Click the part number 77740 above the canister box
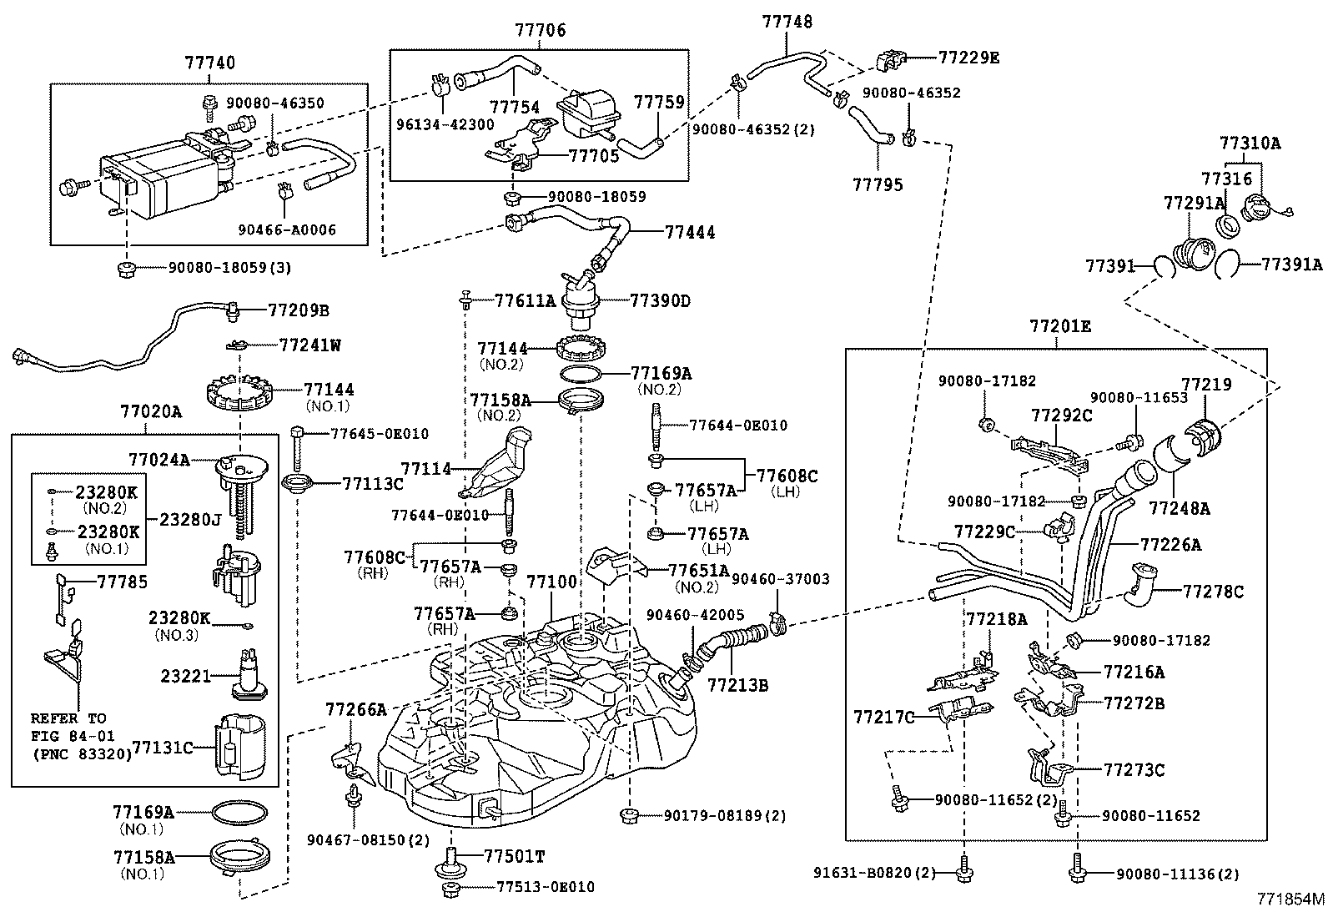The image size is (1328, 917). (x=209, y=63)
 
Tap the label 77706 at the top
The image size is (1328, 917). (x=540, y=31)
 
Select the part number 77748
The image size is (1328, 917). (x=787, y=23)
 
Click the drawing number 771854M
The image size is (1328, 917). (x=1291, y=900)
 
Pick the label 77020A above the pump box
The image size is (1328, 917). (x=151, y=412)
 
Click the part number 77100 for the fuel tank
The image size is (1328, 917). (x=552, y=581)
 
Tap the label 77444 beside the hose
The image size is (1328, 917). (x=690, y=233)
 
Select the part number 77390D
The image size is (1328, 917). (x=660, y=300)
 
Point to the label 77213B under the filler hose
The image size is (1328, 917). (x=738, y=686)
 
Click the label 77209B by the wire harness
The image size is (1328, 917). (x=299, y=310)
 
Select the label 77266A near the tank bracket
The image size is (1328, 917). (x=356, y=710)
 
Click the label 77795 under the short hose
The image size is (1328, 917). (x=878, y=184)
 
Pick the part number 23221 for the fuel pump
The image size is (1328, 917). (x=186, y=676)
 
